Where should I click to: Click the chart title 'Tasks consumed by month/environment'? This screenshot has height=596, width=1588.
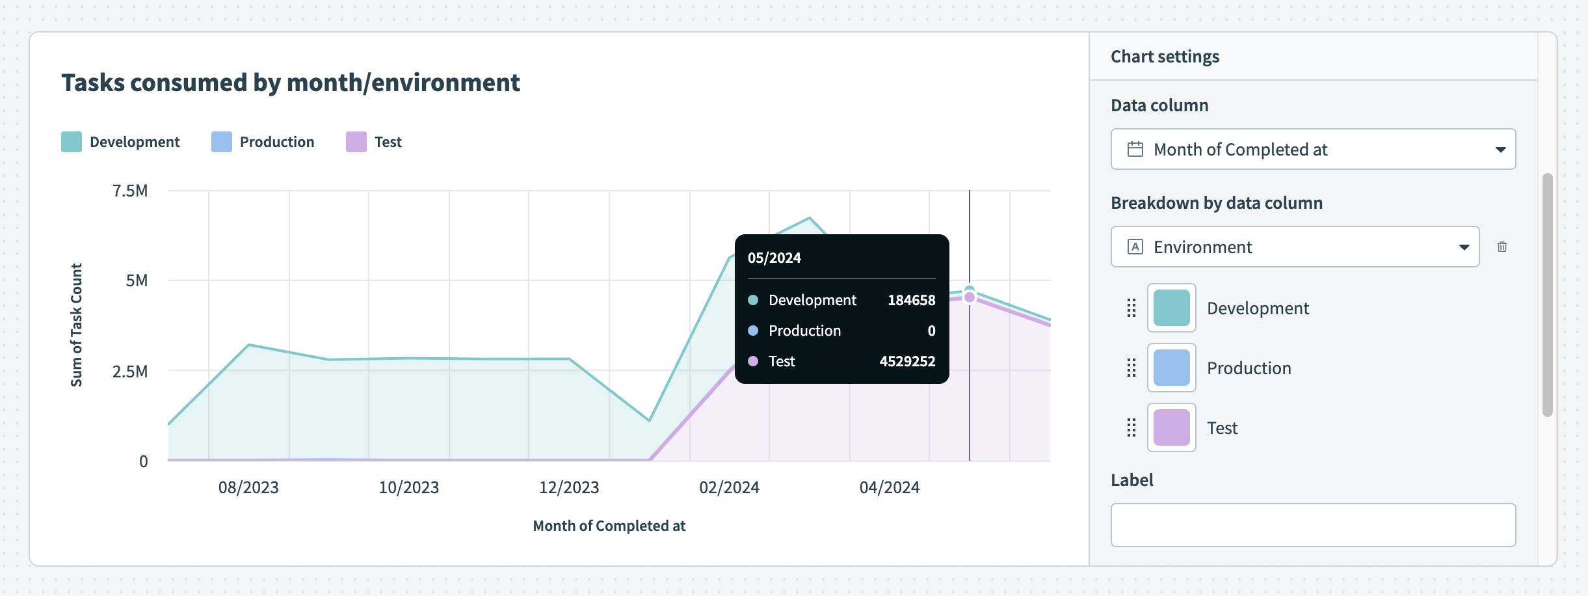click(290, 83)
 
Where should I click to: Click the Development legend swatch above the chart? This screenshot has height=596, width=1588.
click(72, 142)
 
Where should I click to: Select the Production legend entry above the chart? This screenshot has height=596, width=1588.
click(263, 142)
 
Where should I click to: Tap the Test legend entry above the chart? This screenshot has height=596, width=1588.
click(374, 142)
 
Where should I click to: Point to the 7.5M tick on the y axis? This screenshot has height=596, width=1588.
click(130, 191)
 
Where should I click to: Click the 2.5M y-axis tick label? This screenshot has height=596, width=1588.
click(130, 372)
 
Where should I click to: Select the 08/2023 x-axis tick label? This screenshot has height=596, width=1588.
click(248, 487)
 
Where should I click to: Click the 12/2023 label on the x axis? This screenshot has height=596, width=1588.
click(569, 487)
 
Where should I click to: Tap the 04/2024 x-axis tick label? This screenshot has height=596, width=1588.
click(890, 487)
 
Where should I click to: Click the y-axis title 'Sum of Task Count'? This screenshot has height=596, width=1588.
click(77, 325)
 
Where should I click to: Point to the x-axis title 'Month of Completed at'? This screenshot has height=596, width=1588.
click(609, 526)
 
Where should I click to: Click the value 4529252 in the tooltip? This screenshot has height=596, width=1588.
click(907, 361)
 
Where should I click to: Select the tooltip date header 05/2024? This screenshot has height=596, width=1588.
click(774, 258)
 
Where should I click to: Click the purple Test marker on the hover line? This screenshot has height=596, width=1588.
click(970, 297)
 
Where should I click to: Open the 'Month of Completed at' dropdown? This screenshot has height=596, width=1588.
click(1313, 149)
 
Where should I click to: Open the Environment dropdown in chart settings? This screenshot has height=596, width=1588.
click(1295, 247)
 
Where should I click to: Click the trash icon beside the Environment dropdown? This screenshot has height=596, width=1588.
click(1502, 247)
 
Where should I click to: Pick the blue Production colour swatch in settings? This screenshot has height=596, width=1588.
click(1171, 368)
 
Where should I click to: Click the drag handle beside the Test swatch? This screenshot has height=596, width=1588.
click(1131, 427)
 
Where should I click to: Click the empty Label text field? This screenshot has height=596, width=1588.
click(1313, 524)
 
